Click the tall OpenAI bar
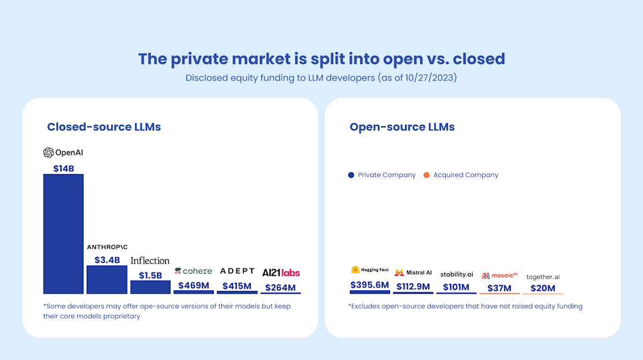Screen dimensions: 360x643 (x=63, y=234)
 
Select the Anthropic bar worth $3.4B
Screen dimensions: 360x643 (x=107, y=280)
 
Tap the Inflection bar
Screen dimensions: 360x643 (x=150, y=287)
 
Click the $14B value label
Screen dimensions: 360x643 (x=63, y=168)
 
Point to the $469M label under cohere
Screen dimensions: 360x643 (x=193, y=286)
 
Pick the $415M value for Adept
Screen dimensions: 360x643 (x=237, y=286)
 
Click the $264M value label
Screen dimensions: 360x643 (x=281, y=288)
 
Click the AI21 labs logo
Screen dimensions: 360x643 (x=281, y=273)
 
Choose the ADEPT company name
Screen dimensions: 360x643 (x=237, y=271)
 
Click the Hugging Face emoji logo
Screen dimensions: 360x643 (x=355, y=270)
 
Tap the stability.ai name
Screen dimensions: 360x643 (x=457, y=274)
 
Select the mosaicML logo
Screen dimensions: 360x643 (x=499, y=276)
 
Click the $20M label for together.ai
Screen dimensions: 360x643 (x=543, y=288)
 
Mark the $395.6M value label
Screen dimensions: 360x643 (x=370, y=285)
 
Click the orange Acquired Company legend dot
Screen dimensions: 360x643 (x=427, y=175)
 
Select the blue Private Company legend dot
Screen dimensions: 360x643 (x=351, y=175)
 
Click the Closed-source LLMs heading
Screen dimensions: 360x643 (x=104, y=127)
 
